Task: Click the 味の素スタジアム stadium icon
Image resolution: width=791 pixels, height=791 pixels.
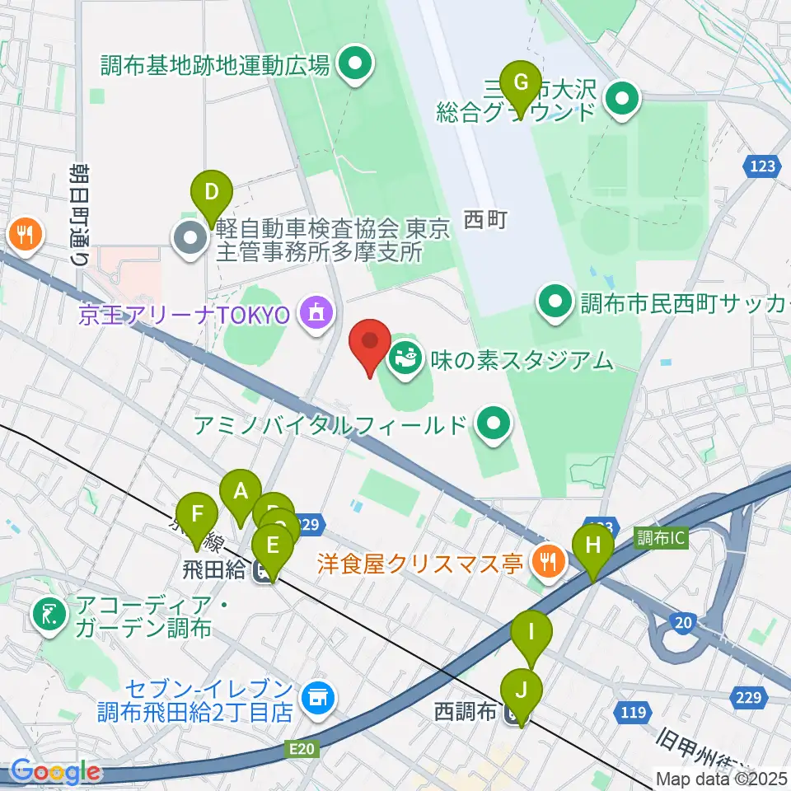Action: coord(405,359)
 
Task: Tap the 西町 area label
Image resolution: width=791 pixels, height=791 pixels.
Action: coord(483,220)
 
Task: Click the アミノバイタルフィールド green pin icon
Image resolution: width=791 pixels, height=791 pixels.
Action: coord(494,425)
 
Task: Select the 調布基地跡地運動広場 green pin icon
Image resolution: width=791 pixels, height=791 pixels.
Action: coord(355,63)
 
